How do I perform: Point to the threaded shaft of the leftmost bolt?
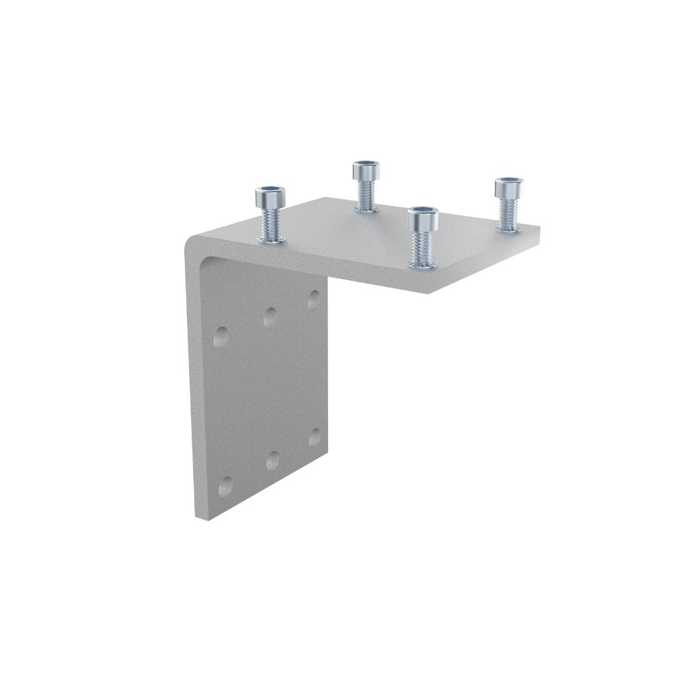[x=270, y=222]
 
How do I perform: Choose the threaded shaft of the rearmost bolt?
[x=364, y=194]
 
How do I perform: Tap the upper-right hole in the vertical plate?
[x=313, y=300]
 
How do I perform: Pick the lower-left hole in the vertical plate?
[x=224, y=485]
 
